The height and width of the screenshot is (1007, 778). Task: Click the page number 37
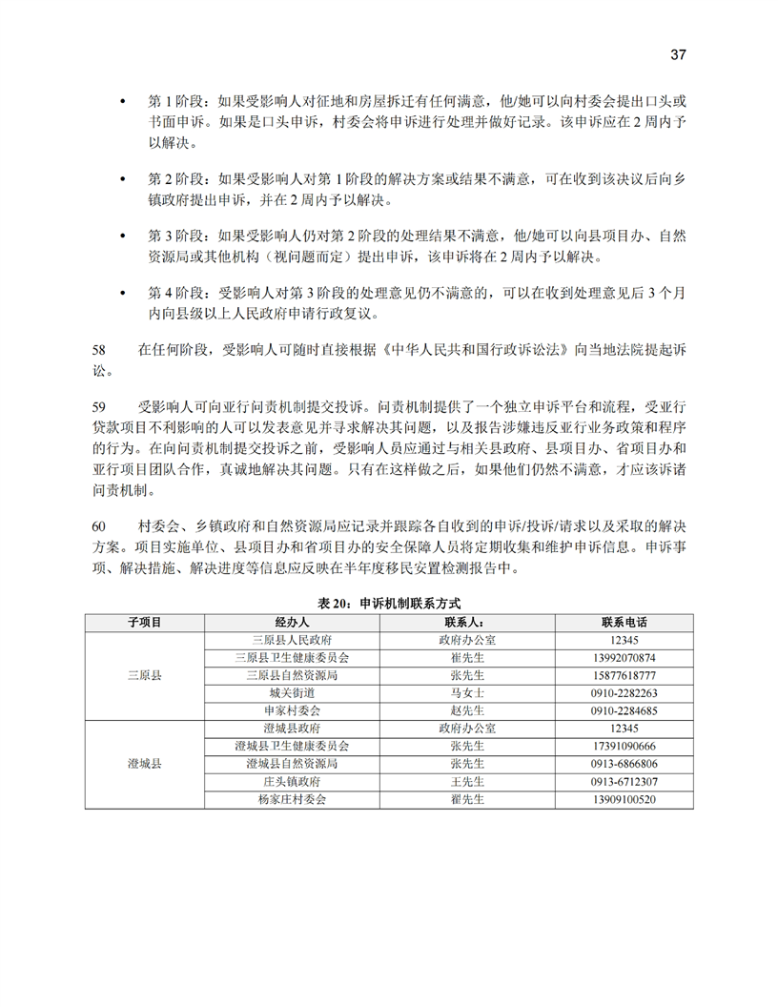678,54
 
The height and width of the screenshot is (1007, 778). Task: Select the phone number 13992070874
624,658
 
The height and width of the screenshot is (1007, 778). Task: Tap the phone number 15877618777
624,675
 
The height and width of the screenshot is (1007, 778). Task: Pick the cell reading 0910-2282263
624,693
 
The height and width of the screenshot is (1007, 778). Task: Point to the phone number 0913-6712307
624,782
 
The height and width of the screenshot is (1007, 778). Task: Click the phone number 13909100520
624,800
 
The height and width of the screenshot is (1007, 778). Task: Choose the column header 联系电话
624,622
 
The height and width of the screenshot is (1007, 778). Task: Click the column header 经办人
291,622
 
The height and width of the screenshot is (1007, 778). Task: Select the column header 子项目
144,622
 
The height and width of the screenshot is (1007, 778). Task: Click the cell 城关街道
291,693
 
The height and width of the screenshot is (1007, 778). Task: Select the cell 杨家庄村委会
291,800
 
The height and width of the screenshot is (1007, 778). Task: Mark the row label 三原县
144,675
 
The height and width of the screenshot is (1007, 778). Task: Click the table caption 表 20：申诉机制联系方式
389,603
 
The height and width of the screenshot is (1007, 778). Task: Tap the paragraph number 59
99,405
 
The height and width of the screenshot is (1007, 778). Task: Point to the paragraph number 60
99,526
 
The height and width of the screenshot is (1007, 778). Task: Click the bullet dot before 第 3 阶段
121,235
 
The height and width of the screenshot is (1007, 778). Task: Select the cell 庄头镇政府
291,782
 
